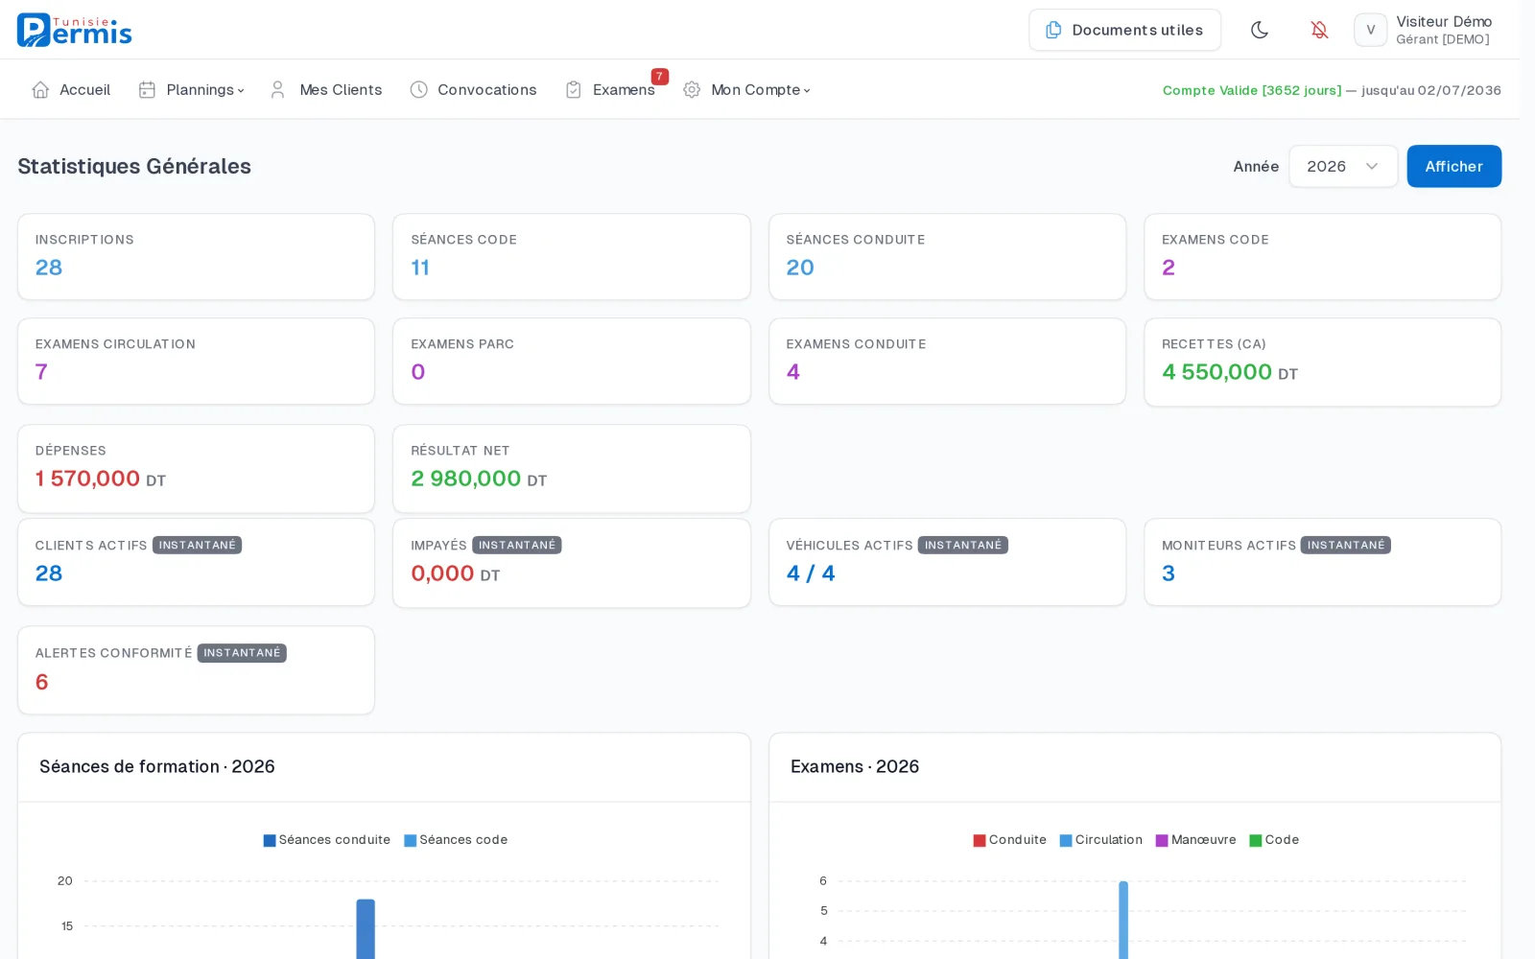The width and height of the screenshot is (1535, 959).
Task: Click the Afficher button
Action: coord(1453,166)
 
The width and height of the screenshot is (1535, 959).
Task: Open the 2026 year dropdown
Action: coord(1342,166)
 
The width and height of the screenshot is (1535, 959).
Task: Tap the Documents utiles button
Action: coord(1123,30)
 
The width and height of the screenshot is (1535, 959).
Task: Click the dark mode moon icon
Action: coord(1259,30)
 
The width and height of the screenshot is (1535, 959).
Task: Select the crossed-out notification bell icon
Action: coord(1318,30)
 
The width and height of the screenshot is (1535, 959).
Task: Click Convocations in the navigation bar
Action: coord(473,90)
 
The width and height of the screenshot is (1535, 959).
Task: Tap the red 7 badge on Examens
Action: coord(659,76)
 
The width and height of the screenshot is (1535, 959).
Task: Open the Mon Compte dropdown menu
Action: coord(747,90)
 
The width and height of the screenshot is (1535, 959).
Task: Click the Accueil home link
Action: coord(71,90)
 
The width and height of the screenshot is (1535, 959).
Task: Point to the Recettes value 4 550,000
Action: coord(1216,371)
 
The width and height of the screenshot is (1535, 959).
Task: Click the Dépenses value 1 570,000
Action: coord(87,479)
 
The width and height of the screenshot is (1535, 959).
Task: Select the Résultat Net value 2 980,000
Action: coord(465,479)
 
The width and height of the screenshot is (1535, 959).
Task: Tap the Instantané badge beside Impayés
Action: coord(517,545)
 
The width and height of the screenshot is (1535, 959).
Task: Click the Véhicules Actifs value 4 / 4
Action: coord(810,573)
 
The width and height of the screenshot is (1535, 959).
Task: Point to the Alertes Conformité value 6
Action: coord(42,682)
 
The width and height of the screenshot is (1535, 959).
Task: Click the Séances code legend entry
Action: coord(456,840)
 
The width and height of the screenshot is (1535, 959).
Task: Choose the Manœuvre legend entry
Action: coord(1195,840)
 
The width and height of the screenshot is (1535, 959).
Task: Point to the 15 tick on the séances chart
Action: coord(66,926)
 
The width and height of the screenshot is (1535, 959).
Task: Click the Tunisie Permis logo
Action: coord(74,30)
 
